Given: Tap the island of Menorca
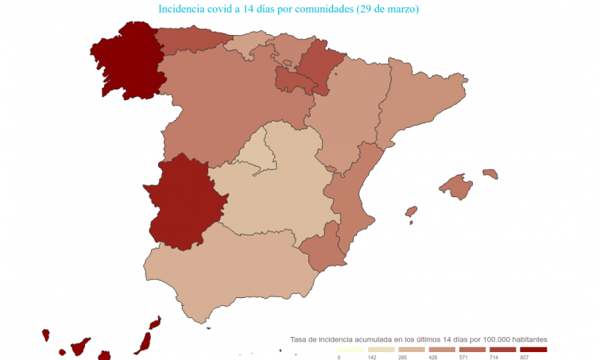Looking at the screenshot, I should [490, 173].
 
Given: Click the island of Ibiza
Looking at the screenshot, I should [411, 212].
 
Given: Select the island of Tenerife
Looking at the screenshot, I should [79, 347].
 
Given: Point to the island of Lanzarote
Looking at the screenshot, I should [154, 323].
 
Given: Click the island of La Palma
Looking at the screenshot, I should [46, 335].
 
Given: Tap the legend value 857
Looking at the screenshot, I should [525, 357].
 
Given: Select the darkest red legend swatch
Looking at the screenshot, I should [533, 350].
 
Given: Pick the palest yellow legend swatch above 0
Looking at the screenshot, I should [350, 350].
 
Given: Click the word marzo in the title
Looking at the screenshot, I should [397, 10].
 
